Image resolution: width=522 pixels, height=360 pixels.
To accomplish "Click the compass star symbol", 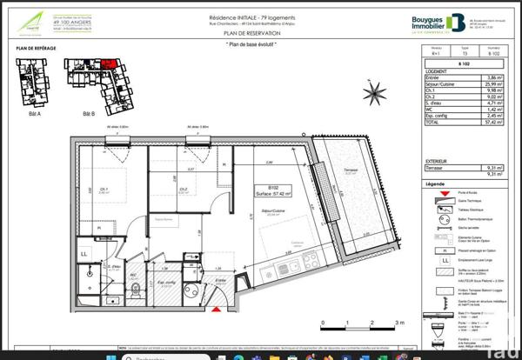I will click(375, 91).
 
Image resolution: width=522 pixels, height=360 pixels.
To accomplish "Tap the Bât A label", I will click(36, 114).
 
